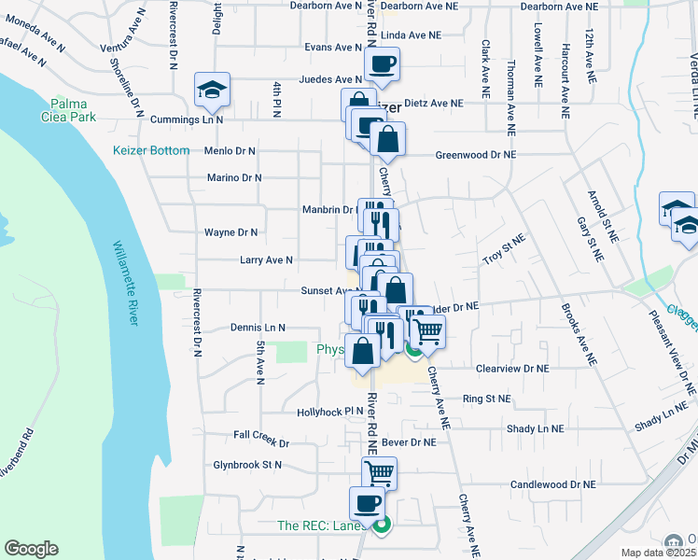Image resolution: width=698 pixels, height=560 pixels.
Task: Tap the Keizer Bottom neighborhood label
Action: (151, 150)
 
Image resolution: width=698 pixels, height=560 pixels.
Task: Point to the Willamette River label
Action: (126, 283)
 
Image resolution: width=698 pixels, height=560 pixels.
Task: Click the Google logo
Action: (31, 549)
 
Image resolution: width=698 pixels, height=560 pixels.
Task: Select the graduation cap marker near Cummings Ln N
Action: (212, 90)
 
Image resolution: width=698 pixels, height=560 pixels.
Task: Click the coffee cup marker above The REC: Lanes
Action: (367, 504)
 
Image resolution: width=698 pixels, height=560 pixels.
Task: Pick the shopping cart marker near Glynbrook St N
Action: (380, 473)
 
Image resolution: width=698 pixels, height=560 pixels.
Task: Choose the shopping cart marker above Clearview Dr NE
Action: (427, 330)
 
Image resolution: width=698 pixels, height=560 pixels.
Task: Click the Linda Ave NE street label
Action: (410, 35)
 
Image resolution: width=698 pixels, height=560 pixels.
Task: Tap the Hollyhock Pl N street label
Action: (329, 411)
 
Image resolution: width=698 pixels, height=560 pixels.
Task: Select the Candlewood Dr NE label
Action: (552, 484)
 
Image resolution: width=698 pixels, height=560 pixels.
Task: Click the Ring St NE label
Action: (487, 399)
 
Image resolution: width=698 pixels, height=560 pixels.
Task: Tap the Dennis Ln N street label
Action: (257, 328)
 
